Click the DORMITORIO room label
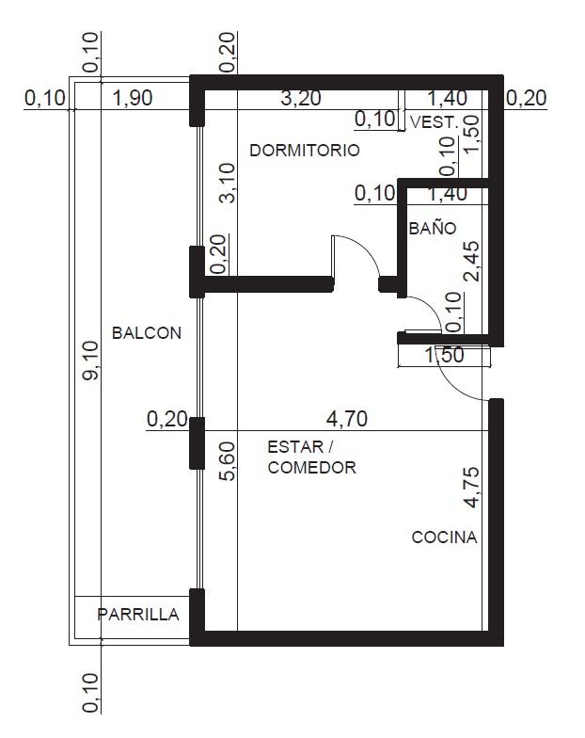tap(305, 151)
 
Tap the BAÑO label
tap(433, 228)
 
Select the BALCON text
tap(147, 333)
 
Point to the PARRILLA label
tap(137, 614)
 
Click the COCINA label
tap(444, 537)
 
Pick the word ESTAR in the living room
tap(295, 446)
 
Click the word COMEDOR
tap(312, 468)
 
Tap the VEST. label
tap(435, 122)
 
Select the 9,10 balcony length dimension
tap(90, 361)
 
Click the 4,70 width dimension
tap(347, 418)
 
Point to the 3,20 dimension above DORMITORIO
tap(301, 98)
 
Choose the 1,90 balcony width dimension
tap(133, 98)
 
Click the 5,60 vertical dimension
tap(228, 461)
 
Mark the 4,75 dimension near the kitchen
tap(472, 488)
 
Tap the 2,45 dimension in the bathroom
tap(472, 262)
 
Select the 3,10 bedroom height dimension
tap(228, 183)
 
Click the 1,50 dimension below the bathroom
tap(444, 355)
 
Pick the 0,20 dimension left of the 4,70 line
tap(167, 419)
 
